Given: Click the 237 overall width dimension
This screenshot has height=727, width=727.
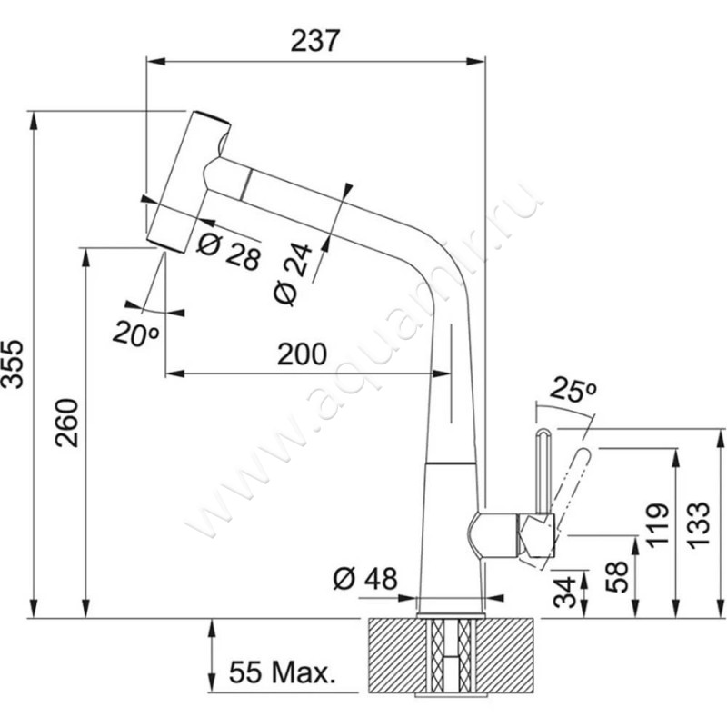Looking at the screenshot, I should click(x=314, y=41).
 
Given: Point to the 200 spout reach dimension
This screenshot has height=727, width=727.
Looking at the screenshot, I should click(x=300, y=355).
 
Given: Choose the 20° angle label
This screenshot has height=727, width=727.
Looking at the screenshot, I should click(x=136, y=333).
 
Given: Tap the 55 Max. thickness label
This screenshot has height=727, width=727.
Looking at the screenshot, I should click(x=283, y=673).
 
